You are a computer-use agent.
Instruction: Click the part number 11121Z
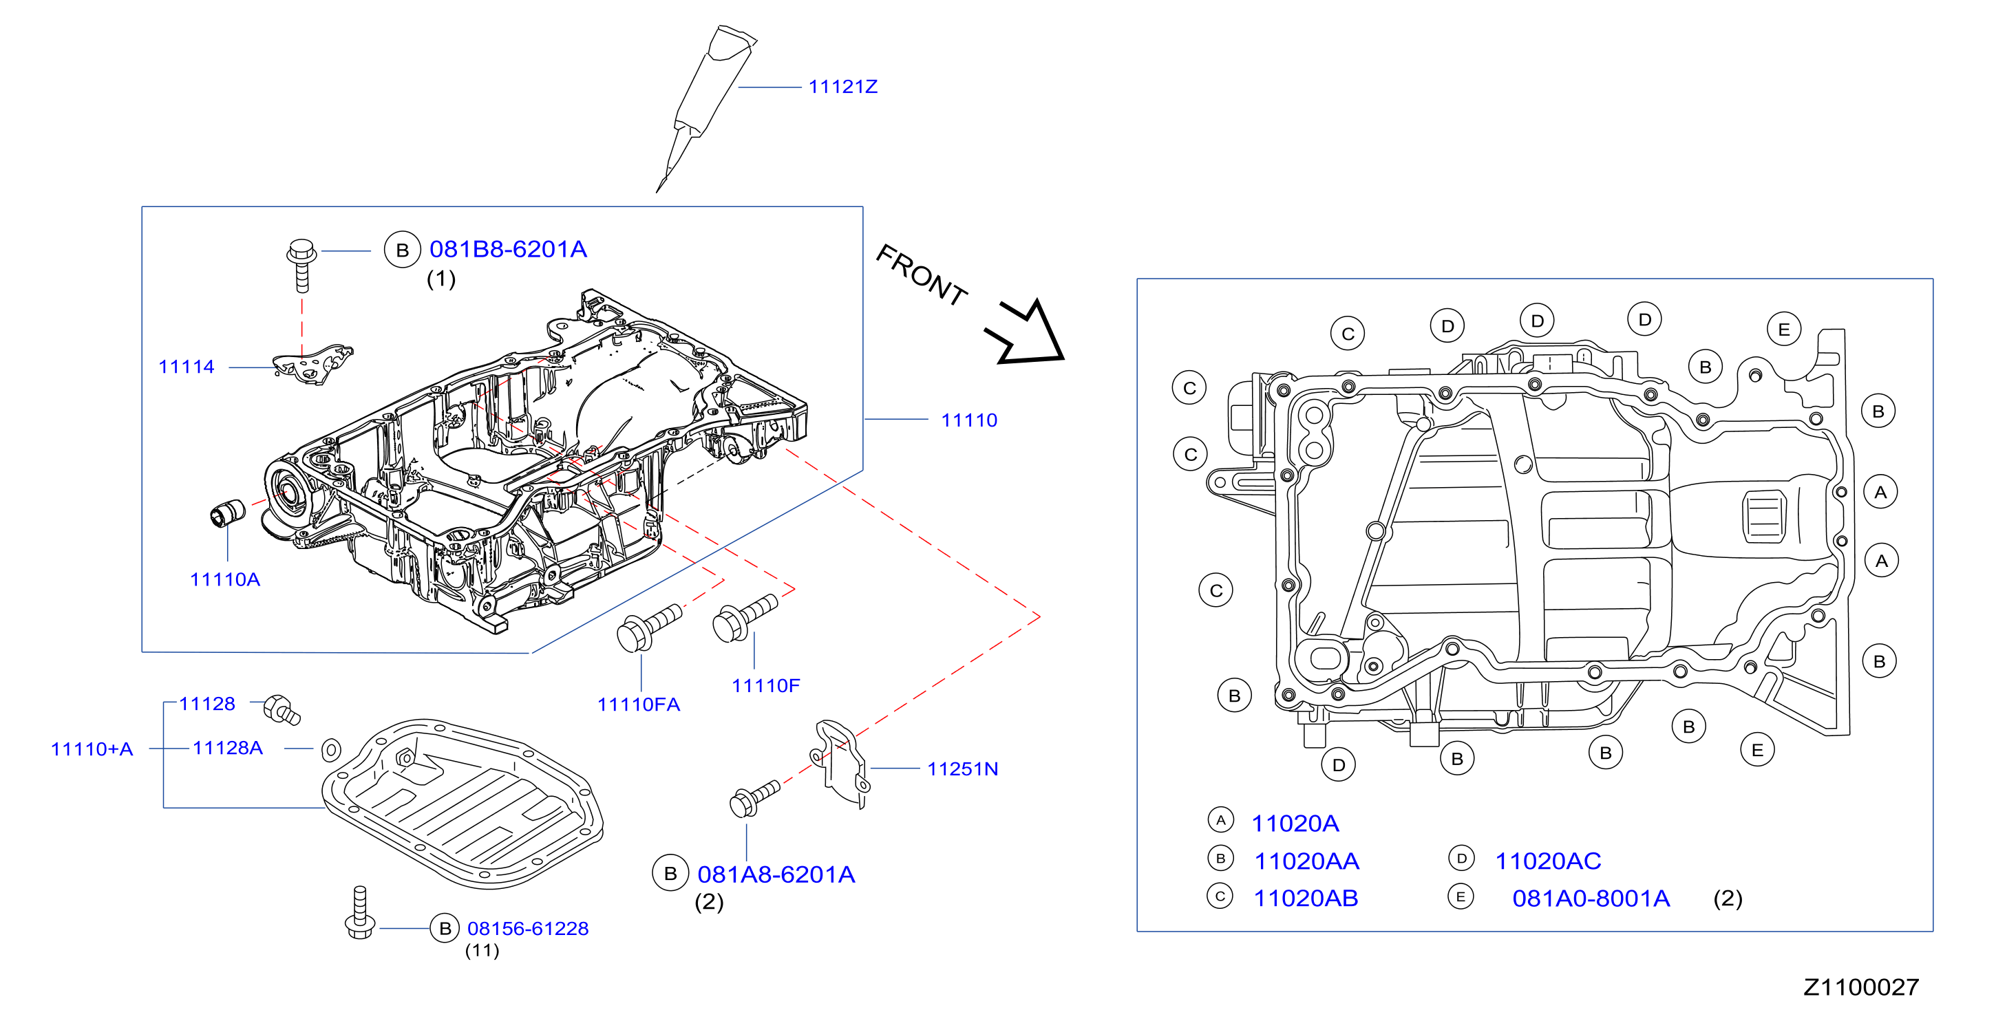843,87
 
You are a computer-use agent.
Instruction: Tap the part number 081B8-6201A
509,250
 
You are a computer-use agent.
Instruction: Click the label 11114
186,367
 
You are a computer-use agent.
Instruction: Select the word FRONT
922,275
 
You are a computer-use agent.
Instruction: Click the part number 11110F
765,685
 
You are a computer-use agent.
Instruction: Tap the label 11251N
962,769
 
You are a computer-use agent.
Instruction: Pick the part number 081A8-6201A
776,874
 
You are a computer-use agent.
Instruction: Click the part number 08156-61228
528,929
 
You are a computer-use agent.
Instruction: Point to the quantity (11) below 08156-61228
482,951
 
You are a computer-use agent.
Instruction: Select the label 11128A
228,749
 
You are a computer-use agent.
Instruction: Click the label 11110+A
92,750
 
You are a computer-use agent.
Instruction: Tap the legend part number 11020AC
1547,861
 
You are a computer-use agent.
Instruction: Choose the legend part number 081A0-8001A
1591,899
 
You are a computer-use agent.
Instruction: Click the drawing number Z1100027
1861,988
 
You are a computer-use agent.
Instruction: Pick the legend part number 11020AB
1306,899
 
